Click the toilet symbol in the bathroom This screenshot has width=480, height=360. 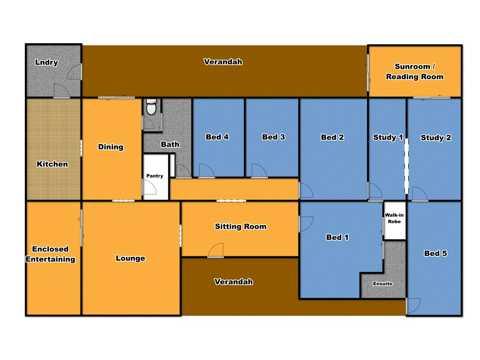tap(151, 108)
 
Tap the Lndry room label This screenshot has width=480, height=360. tap(46, 62)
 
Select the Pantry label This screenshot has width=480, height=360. tap(155, 176)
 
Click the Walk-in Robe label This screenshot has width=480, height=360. tap(394, 218)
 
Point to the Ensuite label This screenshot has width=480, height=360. tap(382, 284)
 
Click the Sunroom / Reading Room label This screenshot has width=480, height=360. tap(415, 72)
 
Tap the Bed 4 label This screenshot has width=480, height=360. tap(217, 137)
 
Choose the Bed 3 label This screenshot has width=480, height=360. tap(273, 137)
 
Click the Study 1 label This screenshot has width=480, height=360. tap(388, 137)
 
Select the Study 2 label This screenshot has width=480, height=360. tap(435, 137)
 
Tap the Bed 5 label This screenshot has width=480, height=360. tap(435, 253)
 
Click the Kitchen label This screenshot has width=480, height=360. tap(52, 164)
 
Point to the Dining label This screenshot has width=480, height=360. tap(111, 147)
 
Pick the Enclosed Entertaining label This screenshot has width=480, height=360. tap(50, 254)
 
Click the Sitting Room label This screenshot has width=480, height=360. tap(240, 226)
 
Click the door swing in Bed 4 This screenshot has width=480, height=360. tap(206, 171)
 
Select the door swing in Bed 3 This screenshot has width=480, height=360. tap(259, 171)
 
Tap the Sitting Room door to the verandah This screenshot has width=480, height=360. tap(216, 251)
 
